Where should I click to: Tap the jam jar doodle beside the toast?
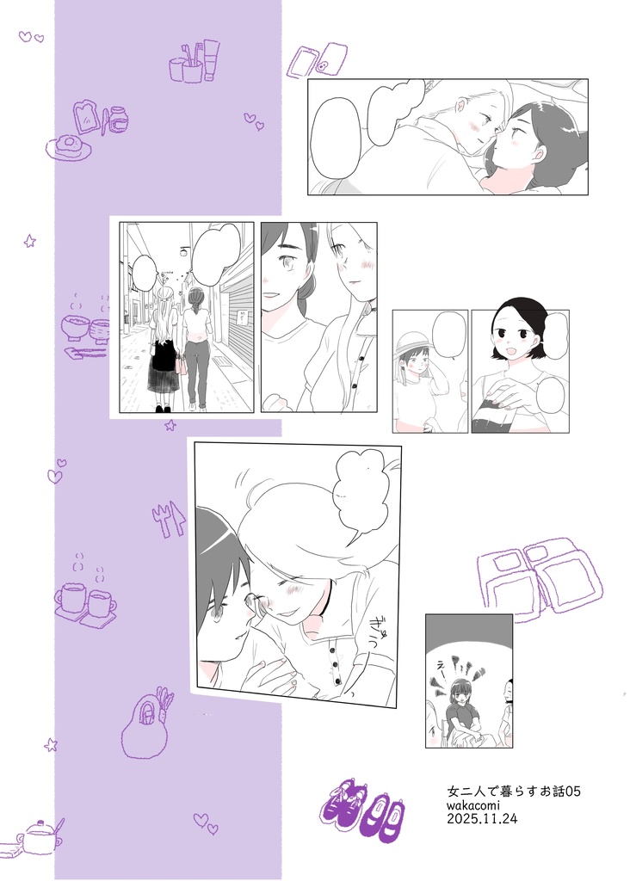coord(118,119)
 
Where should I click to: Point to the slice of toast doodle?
coord(87,116)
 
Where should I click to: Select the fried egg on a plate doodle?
coord(67,147)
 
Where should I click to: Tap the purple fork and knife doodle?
coord(169,519)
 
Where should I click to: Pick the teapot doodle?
coord(40,836)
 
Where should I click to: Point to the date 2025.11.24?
coord(482,820)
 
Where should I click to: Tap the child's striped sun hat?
coord(414,342)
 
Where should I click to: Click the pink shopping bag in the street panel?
coord(182,362)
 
